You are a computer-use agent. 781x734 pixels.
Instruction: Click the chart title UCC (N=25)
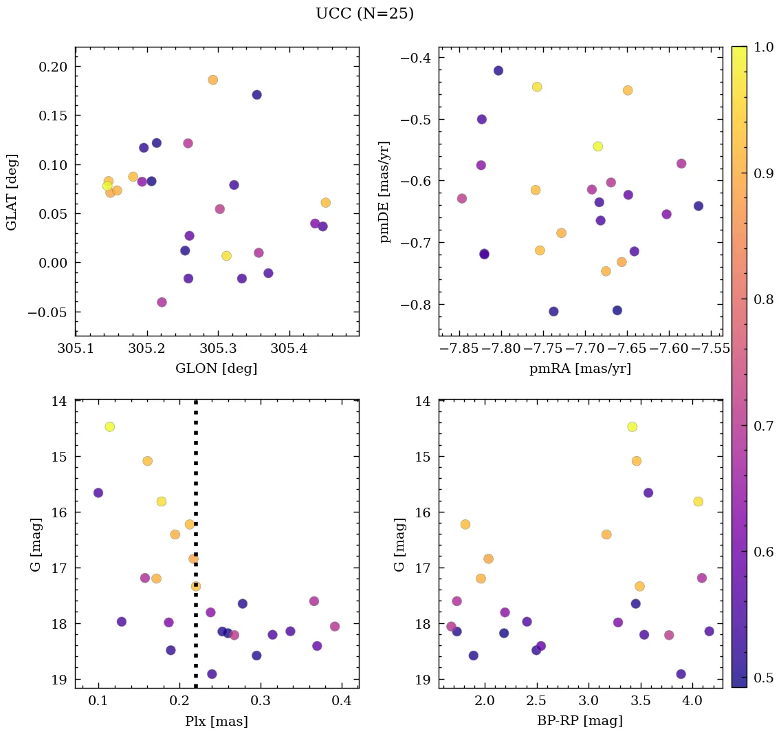tap(364, 14)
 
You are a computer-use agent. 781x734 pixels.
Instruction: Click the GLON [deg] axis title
tap(217, 369)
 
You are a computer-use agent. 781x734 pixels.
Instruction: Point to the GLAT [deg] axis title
tap(12, 192)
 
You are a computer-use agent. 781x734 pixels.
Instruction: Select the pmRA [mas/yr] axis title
tap(580, 369)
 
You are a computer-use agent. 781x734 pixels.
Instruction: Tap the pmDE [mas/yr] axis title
tap(385, 192)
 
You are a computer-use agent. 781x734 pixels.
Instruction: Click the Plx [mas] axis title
tap(217, 722)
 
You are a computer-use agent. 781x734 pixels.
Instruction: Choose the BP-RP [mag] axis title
tap(580, 722)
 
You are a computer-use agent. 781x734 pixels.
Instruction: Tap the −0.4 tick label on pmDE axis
tap(416, 58)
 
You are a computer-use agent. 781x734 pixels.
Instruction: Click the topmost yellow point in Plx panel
tap(109, 427)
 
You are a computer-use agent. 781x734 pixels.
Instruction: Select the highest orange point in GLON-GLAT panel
tap(213, 80)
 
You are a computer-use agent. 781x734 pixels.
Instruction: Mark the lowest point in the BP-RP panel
tap(681, 674)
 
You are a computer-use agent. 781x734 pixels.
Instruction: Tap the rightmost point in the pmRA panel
tap(698, 206)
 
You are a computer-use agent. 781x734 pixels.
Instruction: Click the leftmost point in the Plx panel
tap(98, 493)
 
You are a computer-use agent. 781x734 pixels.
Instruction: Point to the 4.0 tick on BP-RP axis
tap(692, 702)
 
